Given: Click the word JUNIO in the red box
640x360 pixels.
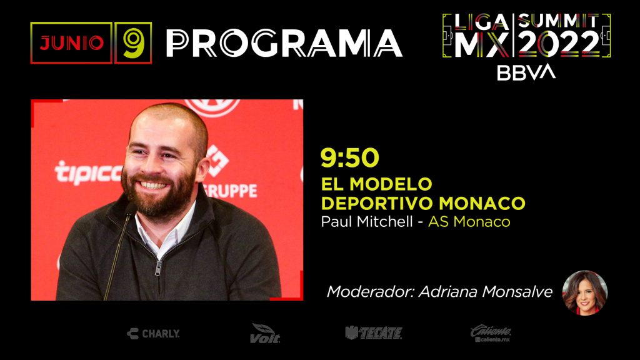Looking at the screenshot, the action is click(x=71, y=43).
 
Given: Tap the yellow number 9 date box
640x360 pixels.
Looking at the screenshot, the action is click(x=133, y=43).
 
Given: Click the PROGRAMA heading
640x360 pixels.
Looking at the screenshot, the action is click(x=284, y=43).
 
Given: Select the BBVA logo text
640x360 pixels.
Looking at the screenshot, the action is click(x=526, y=72).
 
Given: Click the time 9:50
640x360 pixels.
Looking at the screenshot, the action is click(x=350, y=157).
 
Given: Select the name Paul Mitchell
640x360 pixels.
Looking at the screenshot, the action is click(x=367, y=222).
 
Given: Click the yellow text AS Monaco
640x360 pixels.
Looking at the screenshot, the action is click(x=469, y=222).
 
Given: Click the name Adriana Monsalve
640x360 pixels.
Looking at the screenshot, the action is click(x=486, y=291).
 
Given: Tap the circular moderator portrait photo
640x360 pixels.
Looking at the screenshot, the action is click(x=584, y=292).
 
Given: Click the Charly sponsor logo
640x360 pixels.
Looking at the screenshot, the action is click(x=153, y=334).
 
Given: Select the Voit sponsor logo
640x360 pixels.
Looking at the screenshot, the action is click(x=265, y=333).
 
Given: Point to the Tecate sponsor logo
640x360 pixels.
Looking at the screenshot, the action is click(x=374, y=333).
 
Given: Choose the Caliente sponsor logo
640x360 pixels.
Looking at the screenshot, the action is click(x=491, y=333).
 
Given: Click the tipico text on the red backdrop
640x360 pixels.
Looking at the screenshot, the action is click(x=88, y=172).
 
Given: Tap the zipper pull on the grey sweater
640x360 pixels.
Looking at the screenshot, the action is click(x=158, y=268).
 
